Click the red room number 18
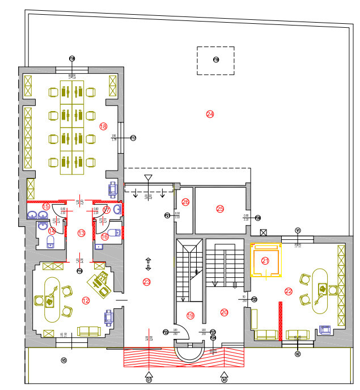103,126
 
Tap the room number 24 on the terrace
210,114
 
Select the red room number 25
220,209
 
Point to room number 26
185,202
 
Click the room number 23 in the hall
147,282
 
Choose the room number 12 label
86,300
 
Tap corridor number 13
81,233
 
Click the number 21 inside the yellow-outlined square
265,261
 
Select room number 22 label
289,291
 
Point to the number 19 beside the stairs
190,315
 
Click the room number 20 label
224,312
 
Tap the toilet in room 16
117,232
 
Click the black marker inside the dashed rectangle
215,60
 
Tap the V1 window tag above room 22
298,230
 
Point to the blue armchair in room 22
326,329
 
